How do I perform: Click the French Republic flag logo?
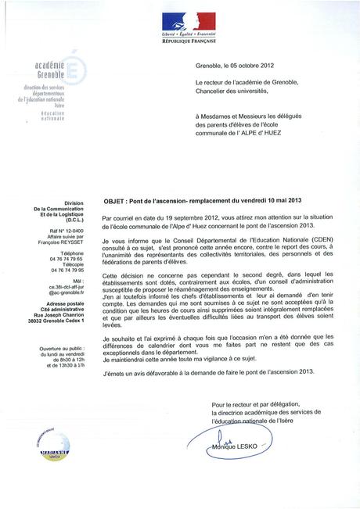(189, 21)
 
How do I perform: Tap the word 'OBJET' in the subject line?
(115, 199)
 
